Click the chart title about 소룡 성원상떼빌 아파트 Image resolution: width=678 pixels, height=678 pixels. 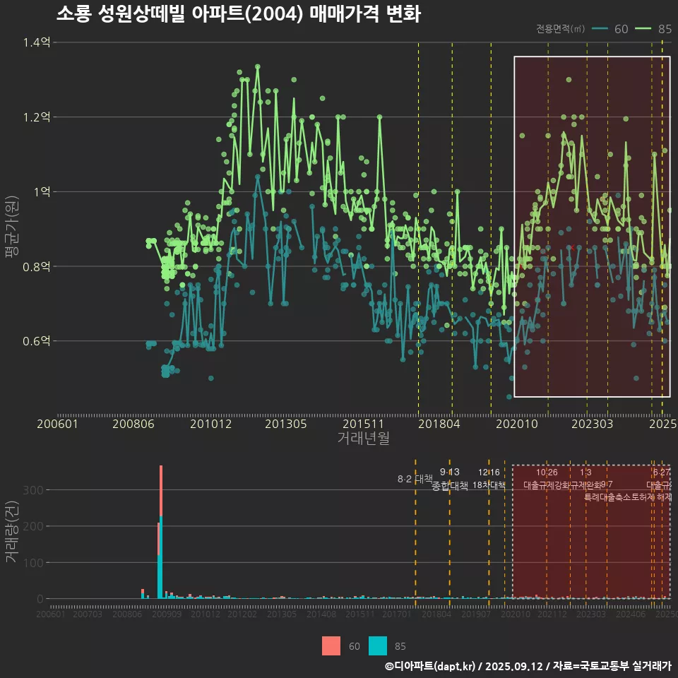pos(239,14)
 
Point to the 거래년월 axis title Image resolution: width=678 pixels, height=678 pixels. pos(363,439)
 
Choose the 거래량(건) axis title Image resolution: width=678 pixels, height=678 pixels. pos(11,532)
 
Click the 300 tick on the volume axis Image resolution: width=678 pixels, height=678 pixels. pos(34,489)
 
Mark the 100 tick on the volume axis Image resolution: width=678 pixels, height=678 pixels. pos(34,562)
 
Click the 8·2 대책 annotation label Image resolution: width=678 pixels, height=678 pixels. pos(415,479)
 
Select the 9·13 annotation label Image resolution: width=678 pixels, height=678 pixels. pos(450,472)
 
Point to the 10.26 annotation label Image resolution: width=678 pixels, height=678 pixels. pos(547,472)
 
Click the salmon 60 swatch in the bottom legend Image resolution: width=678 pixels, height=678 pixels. pos(331,646)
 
